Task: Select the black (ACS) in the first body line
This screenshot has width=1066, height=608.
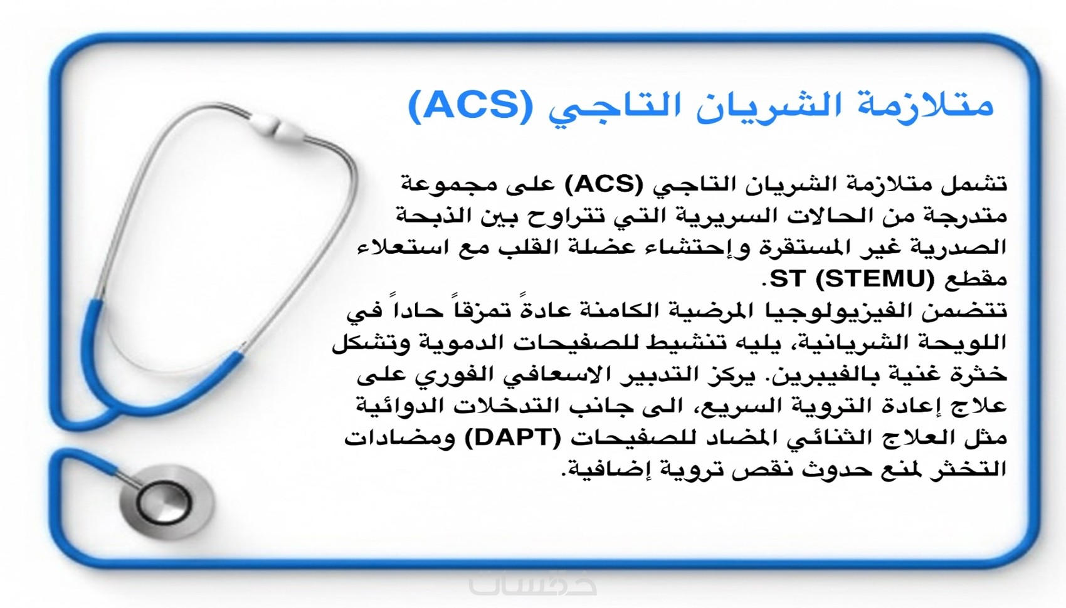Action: click(604, 184)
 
